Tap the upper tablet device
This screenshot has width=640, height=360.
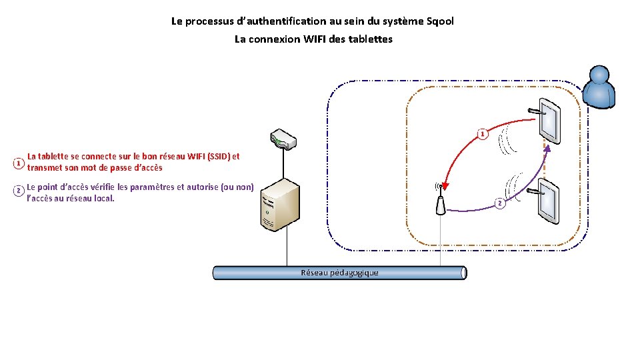[x=549, y=119]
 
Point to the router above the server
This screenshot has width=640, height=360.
[x=283, y=139]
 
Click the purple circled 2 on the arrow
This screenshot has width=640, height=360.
[x=500, y=203]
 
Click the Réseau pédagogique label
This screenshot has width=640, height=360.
[x=339, y=273]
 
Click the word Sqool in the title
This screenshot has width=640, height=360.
[x=437, y=21]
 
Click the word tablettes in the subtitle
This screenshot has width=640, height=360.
[x=371, y=39]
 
